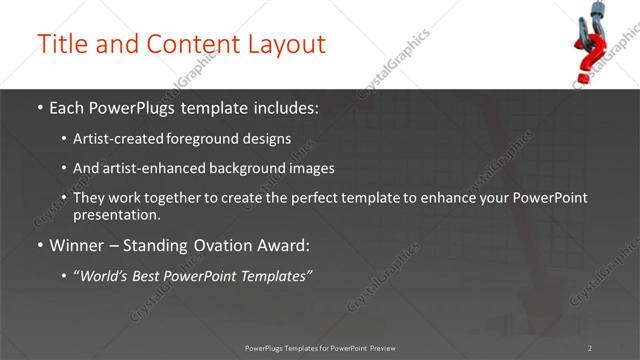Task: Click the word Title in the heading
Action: (61, 44)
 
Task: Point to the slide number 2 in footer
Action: (590, 348)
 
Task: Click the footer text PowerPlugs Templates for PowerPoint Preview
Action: (320, 348)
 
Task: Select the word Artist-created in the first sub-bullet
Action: (114, 139)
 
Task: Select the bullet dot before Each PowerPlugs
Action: (39, 108)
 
